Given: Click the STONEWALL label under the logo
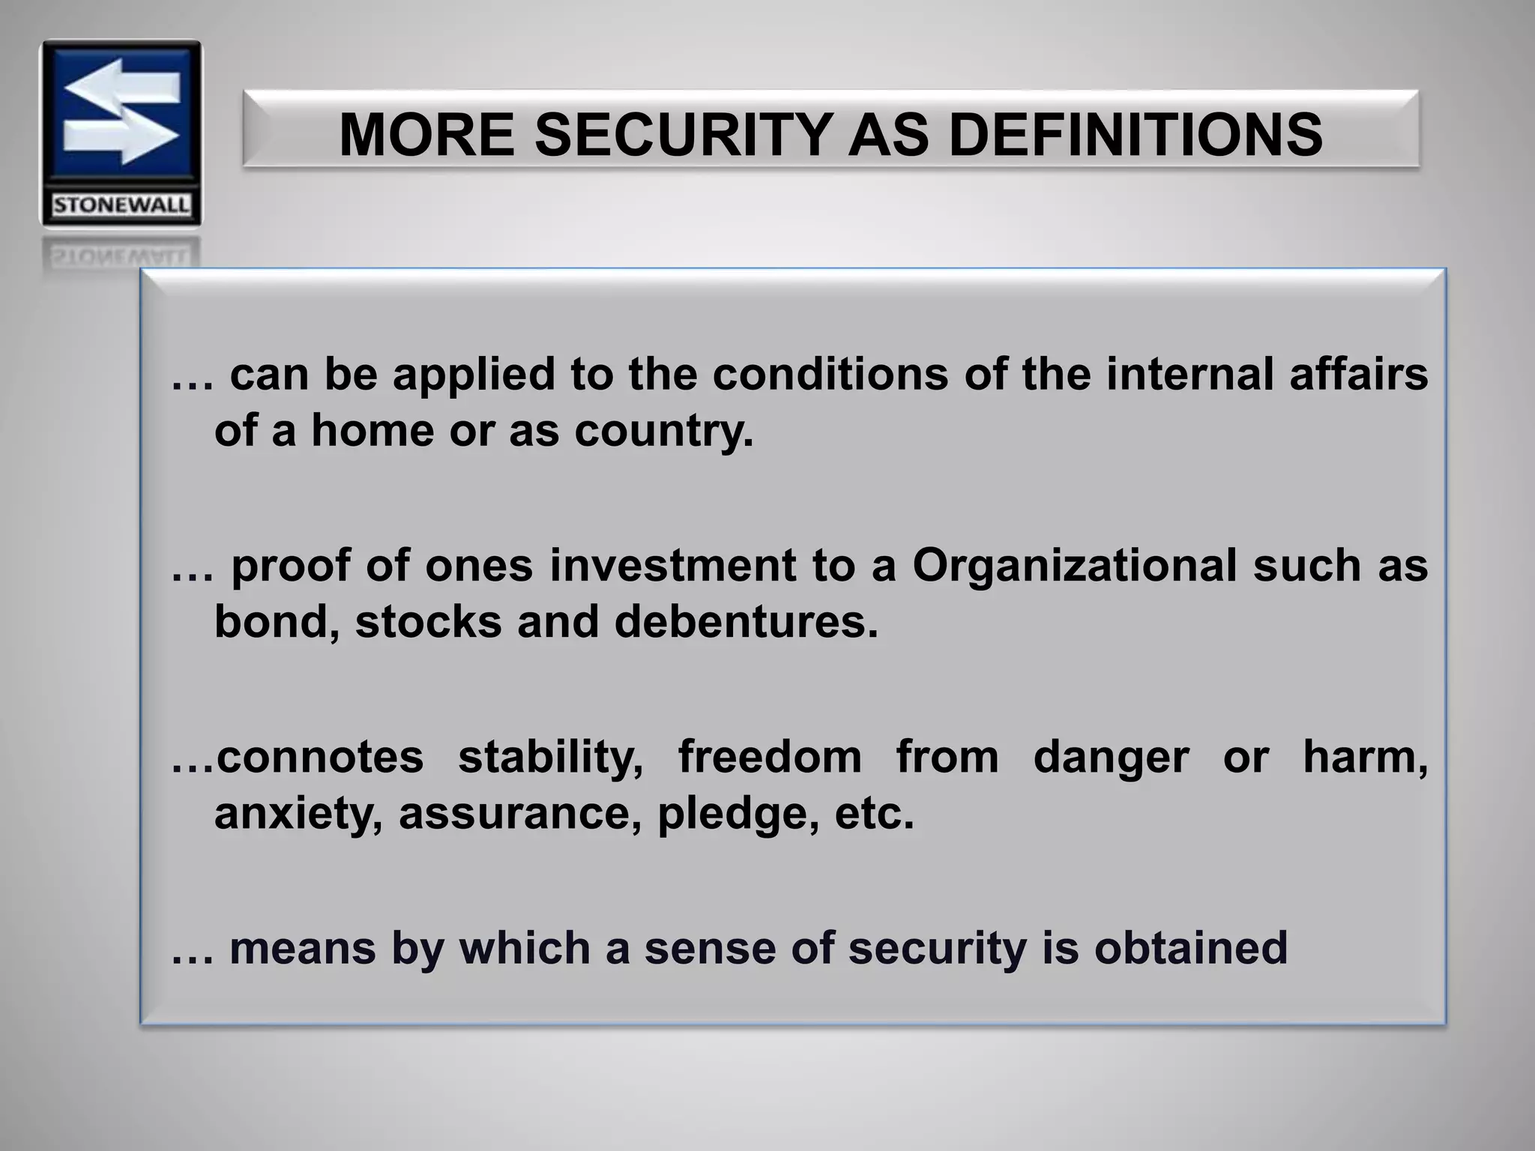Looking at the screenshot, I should pyautogui.click(x=121, y=205).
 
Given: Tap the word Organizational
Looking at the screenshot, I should pyautogui.click(x=1074, y=565).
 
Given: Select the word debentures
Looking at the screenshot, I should pyautogui.click(x=745, y=622).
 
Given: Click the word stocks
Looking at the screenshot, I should pyautogui.click(x=428, y=622).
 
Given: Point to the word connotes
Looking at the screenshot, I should pyautogui.click(x=320, y=757).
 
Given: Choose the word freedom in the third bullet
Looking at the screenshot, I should pyautogui.click(x=770, y=757).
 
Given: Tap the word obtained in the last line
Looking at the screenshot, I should pyautogui.click(x=1191, y=948).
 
